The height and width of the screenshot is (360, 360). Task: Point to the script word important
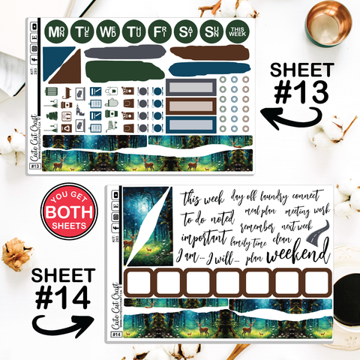[x=205, y=237]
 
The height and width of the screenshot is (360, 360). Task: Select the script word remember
[x=258, y=223]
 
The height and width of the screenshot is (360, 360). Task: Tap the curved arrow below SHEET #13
[x=284, y=118]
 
